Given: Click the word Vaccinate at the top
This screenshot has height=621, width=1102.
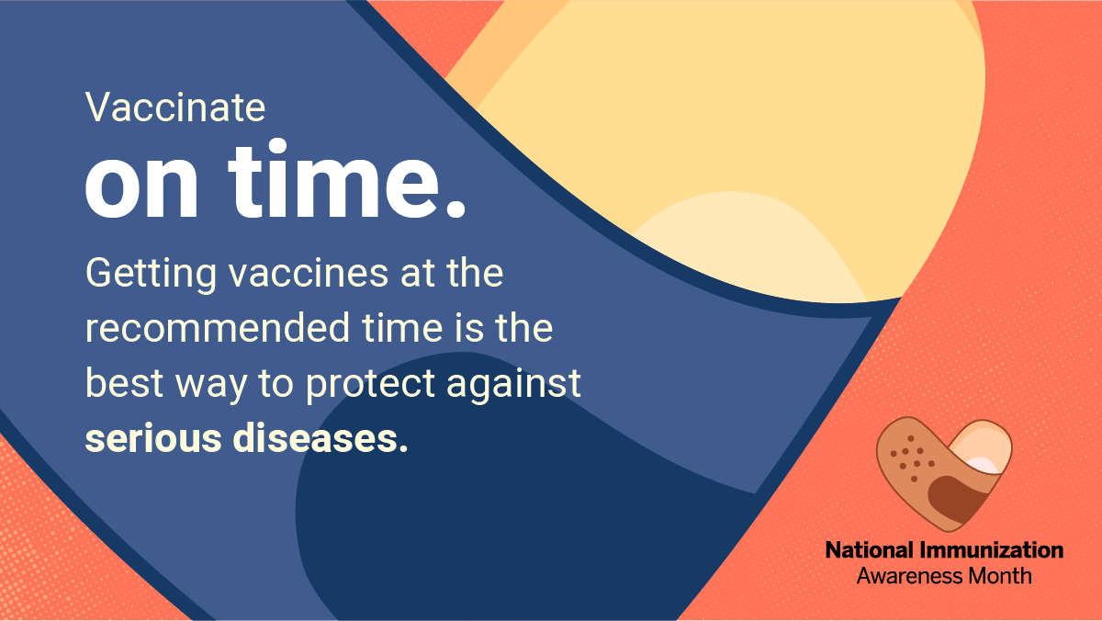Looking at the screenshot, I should [x=175, y=108].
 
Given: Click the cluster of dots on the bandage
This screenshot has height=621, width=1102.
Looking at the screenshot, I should [x=910, y=457].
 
